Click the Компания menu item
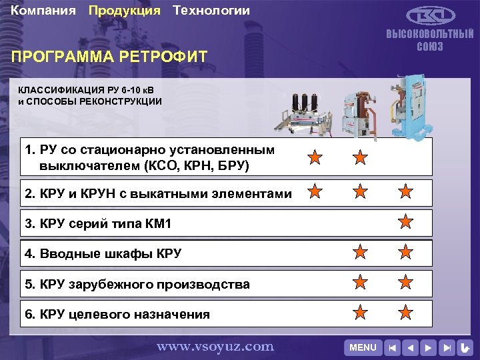[x=43, y=11]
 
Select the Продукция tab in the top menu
[x=124, y=11]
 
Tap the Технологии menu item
[x=211, y=11]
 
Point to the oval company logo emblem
[x=429, y=17]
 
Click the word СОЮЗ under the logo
[x=430, y=47]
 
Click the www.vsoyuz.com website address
[x=215, y=346]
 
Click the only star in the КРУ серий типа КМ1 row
[x=405, y=221]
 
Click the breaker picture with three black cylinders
[x=307, y=113]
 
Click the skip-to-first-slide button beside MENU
[x=393, y=347]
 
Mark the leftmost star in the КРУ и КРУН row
[x=315, y=193]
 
